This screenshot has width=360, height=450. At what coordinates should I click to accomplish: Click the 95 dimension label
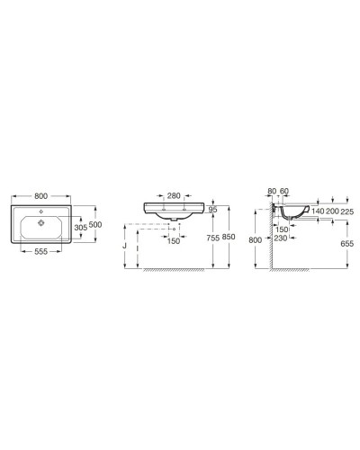213,211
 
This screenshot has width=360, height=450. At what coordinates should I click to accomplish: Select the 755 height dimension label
213,238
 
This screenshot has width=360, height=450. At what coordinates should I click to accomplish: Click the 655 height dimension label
348,242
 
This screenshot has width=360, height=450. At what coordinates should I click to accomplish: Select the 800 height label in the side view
256,240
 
